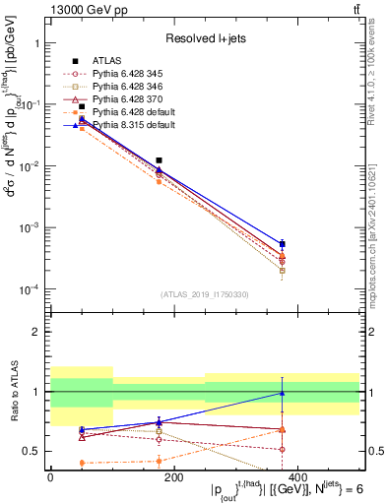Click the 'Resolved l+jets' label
coord(204,37)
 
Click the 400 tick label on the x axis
coord(296,477)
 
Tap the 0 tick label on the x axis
coord(50,477)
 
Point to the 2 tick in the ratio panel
coord(35,332)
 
